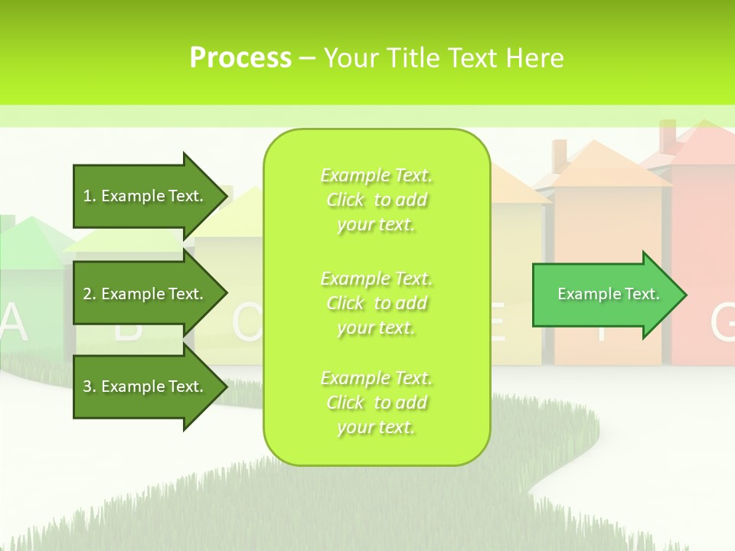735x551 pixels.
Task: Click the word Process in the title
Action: (x=240, y=58)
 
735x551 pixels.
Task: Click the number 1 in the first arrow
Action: (x=87, y=196)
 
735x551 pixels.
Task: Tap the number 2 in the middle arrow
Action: (x=87, y=294)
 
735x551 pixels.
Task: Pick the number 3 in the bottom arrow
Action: (x=87, y=386)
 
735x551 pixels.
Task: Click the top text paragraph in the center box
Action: (x=376, y=200)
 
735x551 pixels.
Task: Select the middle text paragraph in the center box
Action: (x=376, y=302)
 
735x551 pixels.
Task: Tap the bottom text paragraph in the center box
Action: (x=376, y=403)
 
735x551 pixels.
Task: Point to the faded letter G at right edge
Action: (x=723, y=323)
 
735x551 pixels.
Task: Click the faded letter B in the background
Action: (x=129, y=328)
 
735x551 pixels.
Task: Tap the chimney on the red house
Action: (x=668, y=136)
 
